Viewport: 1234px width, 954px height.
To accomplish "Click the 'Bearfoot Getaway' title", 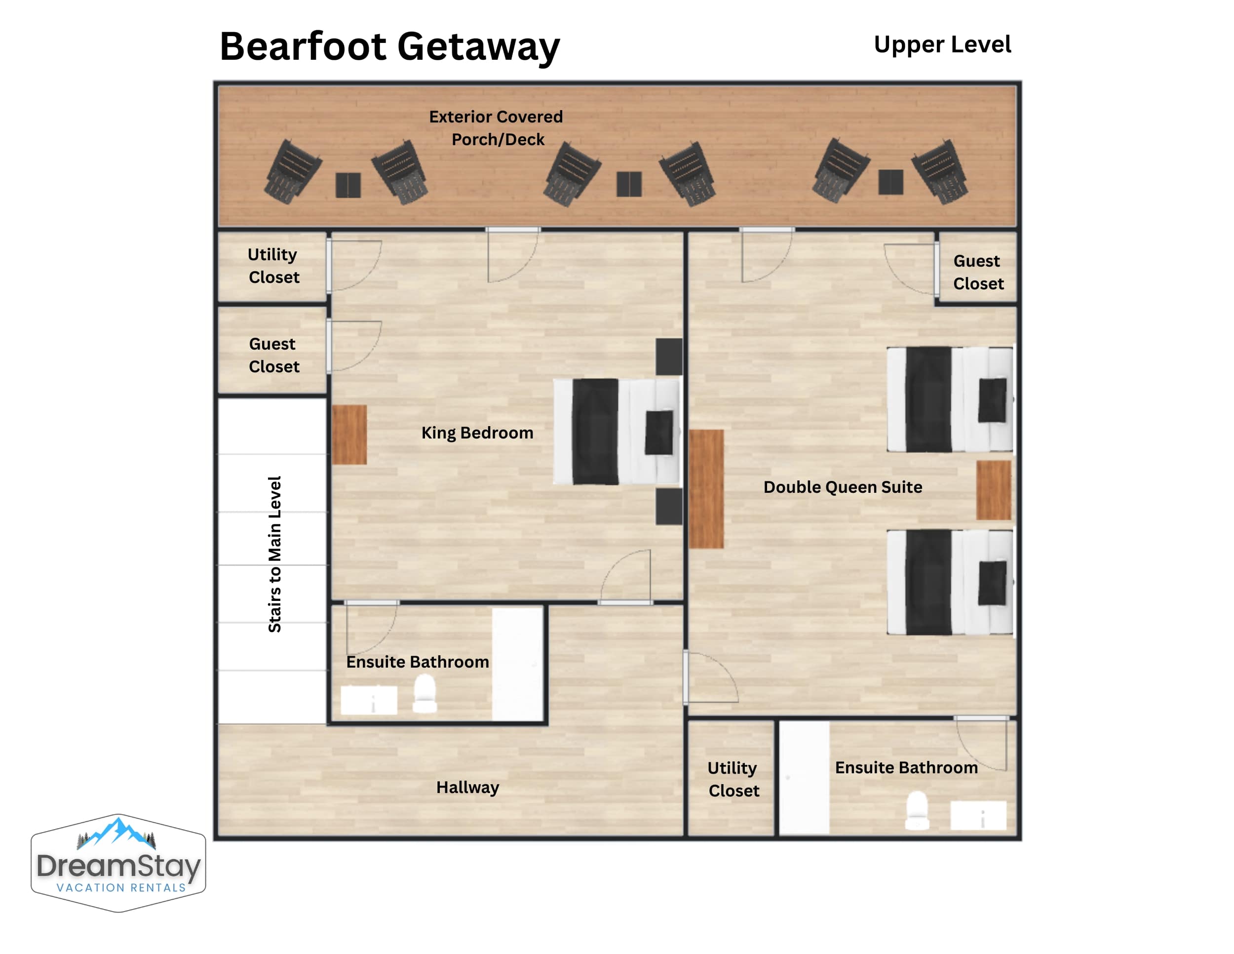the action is [389, 47].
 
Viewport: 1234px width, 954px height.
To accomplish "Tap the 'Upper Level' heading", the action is [942, 44].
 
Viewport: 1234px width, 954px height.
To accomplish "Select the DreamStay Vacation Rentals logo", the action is [118, 863].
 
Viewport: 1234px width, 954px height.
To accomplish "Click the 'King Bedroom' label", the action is [477, 433].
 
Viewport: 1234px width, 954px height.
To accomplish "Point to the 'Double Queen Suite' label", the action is [843, 487].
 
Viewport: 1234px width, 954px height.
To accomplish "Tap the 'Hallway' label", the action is [468, 787].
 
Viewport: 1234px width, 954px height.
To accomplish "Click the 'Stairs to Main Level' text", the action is [274, 554].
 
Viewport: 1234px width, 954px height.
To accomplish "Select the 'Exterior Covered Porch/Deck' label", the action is [496, 128].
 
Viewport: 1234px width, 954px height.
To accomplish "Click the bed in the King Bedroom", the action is [617, 432].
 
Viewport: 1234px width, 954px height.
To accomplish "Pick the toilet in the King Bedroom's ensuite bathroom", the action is [425, 694].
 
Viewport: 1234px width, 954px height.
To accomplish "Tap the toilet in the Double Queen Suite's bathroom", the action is [917, 810].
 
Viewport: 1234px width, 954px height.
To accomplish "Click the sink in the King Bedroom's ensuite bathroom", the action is [369, 700].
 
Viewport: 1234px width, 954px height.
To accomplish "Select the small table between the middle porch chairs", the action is [629, 184].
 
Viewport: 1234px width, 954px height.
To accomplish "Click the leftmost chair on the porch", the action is [293, 172].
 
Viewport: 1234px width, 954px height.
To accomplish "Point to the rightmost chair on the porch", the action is [940, 172].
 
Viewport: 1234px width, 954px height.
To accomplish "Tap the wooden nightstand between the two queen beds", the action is [993, 490].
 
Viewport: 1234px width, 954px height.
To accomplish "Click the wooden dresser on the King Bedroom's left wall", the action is [349, 435].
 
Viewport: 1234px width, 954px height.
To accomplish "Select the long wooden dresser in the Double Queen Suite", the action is [706, 489].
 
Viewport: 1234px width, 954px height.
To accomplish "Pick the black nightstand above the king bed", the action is [669, 357].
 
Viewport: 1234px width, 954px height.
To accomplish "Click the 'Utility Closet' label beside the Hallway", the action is [733, 779].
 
